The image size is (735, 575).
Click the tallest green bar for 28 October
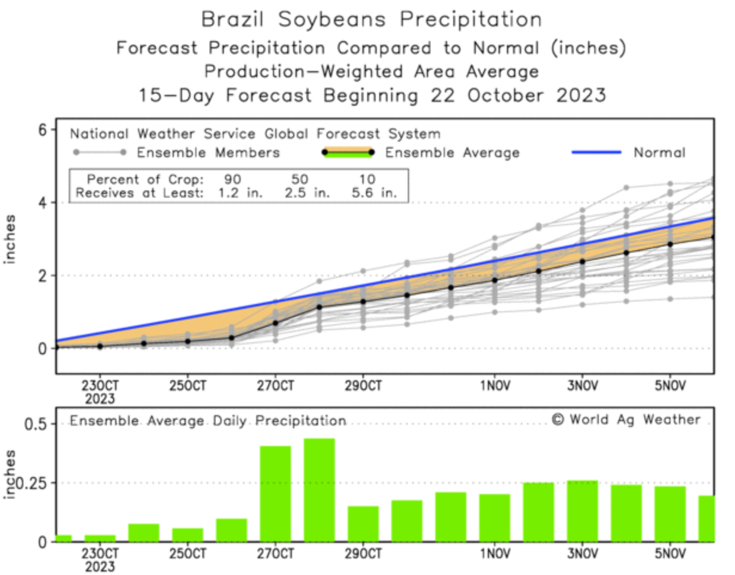pos(319,490)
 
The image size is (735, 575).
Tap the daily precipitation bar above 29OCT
pos(363,524)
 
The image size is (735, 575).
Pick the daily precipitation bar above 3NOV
pos(582,511)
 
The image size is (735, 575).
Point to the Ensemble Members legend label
pos(208,153)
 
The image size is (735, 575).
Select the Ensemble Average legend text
pos(452,153)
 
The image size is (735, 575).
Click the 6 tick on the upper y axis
pos(43,130)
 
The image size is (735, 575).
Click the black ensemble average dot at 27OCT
pos(275,323)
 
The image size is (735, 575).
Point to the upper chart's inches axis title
pos(10,239)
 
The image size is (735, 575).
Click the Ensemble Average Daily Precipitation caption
pos(208,421)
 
